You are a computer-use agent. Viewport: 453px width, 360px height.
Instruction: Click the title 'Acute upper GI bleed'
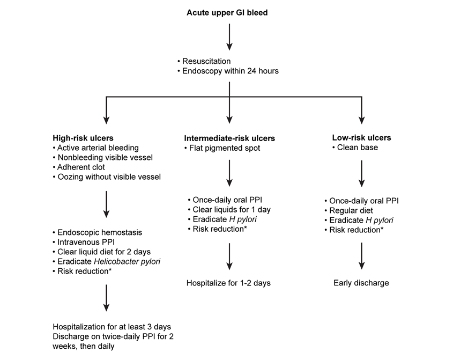pyautogui.click(x=227, y=13)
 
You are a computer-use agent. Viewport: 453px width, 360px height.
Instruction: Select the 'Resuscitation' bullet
pyautogui.click(x=204, y=61)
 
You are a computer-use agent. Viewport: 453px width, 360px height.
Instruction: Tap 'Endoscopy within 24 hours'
pyautogui.click(x=228, y=71)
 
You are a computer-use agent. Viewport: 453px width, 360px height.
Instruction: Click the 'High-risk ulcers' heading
pyautogui.click(x=83, y=138)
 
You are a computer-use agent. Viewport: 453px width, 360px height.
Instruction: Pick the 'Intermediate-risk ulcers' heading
pyautogui.click(x=229, y=138)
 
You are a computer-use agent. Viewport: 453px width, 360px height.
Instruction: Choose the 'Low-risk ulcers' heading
pyautogui.click(x=362, y=138)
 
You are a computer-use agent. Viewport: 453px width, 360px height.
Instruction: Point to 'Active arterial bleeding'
pyautogui.click(x=95, y=148)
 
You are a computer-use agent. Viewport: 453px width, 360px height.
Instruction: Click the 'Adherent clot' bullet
pyautogui.click(x=79, y=167)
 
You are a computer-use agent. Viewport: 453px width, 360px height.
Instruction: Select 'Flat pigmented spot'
pyautogui.click(x=222, y=148)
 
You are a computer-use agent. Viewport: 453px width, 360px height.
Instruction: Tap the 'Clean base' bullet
pyautogui.click(x=355, y=148)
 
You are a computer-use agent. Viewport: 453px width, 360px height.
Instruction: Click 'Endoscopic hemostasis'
pyautogui.click(x=98, y=232)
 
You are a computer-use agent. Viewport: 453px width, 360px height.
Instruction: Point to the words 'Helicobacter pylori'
pyautogui.click(x=127, y=261)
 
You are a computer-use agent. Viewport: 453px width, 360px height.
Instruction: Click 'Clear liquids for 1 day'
pyautogui.click(x=229, y=210)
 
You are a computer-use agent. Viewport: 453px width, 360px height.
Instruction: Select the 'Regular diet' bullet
pyautogui.click(x=348, y=210)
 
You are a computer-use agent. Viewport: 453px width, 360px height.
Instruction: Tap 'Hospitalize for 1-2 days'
pyautogui.click(x=228, y=283)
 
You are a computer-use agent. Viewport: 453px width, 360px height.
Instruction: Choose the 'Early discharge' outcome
pyautogui.click(x=361, y=283)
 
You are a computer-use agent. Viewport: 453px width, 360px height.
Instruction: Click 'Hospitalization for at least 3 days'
pyautogui.click(x=112, y=327)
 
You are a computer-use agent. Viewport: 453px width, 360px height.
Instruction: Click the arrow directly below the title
pyautogui.click(x=229, y=37)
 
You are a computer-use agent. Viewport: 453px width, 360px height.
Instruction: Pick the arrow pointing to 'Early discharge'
pyautogui.click(x=362, y=256)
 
